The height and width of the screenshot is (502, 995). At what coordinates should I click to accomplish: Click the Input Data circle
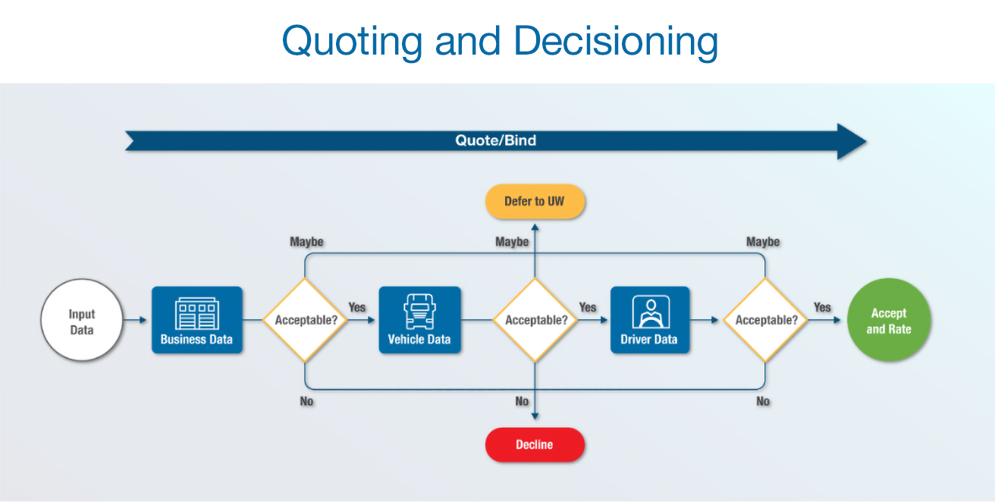pyautogui.click(x=82, y=320)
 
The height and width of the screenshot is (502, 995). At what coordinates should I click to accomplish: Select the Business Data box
pyautogui.click(x=197, y=320)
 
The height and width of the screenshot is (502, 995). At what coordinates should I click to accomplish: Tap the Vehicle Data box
pyautogui.click(x=419, y=320)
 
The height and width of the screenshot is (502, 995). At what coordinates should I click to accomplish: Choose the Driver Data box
pyautogui.click(x=649, y=320)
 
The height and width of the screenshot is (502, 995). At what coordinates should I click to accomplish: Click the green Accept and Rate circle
pyautogui.click(x=888, y=320)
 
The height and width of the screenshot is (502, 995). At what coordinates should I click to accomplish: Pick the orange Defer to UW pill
pyautogui.click(x=535, y=202)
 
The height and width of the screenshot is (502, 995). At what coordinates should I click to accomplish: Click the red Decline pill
pyautogui.click(x=535, y=445)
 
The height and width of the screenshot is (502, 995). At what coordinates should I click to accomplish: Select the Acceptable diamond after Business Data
pyautogui.click(x=306, y=320)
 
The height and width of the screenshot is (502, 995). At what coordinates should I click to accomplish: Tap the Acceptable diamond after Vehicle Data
pyautogui.click(x=535, y=320)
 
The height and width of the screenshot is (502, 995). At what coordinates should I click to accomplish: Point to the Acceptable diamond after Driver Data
pyautogui.click(x=765, y=320)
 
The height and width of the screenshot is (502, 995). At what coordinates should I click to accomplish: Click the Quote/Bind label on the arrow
pyautogui.click(x=495, y=141)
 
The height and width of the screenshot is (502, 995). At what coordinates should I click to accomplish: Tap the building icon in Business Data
pyautogui.click(x=196, y=312)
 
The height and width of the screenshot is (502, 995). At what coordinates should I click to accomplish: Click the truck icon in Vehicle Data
pyautogui.click(x=419, y=311)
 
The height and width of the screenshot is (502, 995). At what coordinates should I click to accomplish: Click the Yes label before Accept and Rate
pyautogui.click(x=822, y=307)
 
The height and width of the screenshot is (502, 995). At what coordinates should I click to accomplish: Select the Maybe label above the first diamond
pyautogui.click(x=306, y=242)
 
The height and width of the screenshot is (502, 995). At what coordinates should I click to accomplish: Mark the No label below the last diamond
pyautogui.click(x=763, y=401)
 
